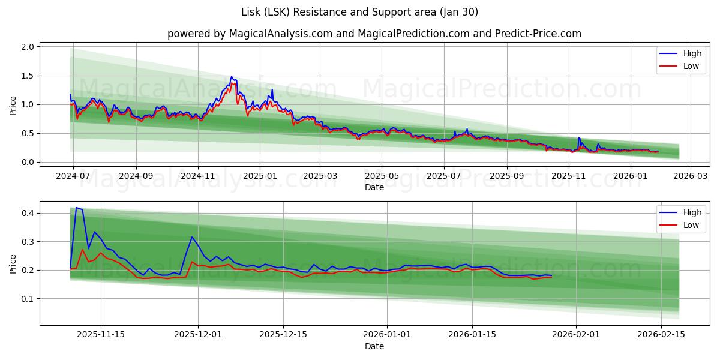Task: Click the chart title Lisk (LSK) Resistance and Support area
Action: coord(359,12)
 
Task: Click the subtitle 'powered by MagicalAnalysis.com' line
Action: coord(374,34)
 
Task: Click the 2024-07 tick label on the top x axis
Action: coord(73,176)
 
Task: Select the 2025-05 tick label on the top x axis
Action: coord(382,176)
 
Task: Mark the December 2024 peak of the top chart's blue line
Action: coord(232,77)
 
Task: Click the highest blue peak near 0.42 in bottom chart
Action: coord(76,208)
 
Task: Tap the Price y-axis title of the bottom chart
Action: coord(13,263)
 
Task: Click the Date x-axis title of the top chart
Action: coord(374,187)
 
